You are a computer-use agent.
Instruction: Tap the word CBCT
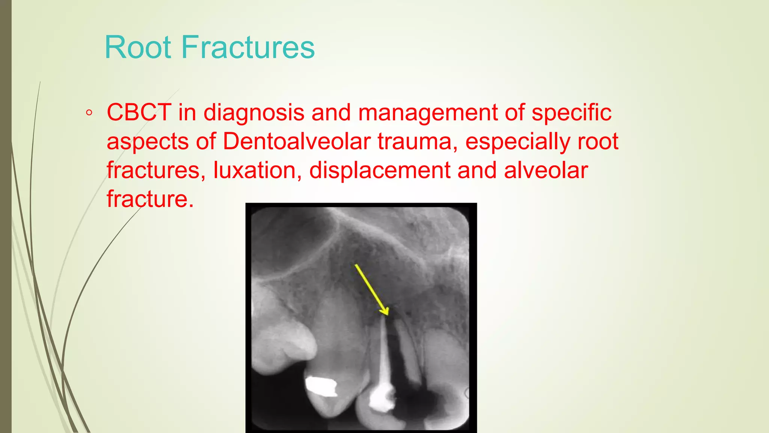(x=139, y=112)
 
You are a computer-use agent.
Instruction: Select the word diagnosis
(x=254, y=112)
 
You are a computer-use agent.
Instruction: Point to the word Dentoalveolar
(x=297, y=141)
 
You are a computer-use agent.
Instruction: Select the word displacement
(x=380, y=170)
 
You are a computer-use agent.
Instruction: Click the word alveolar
(x=546, y=170)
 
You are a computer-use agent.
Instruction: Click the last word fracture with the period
(x=150, y=199)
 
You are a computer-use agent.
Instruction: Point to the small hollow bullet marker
(x=89, y=113)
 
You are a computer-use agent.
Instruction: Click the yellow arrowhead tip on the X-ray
(x=386, y=314)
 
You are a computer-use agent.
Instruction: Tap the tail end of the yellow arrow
(x=356, y=265)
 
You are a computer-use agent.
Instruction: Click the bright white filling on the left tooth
(x=321, y=386)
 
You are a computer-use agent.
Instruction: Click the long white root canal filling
(x=384, y=350)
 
